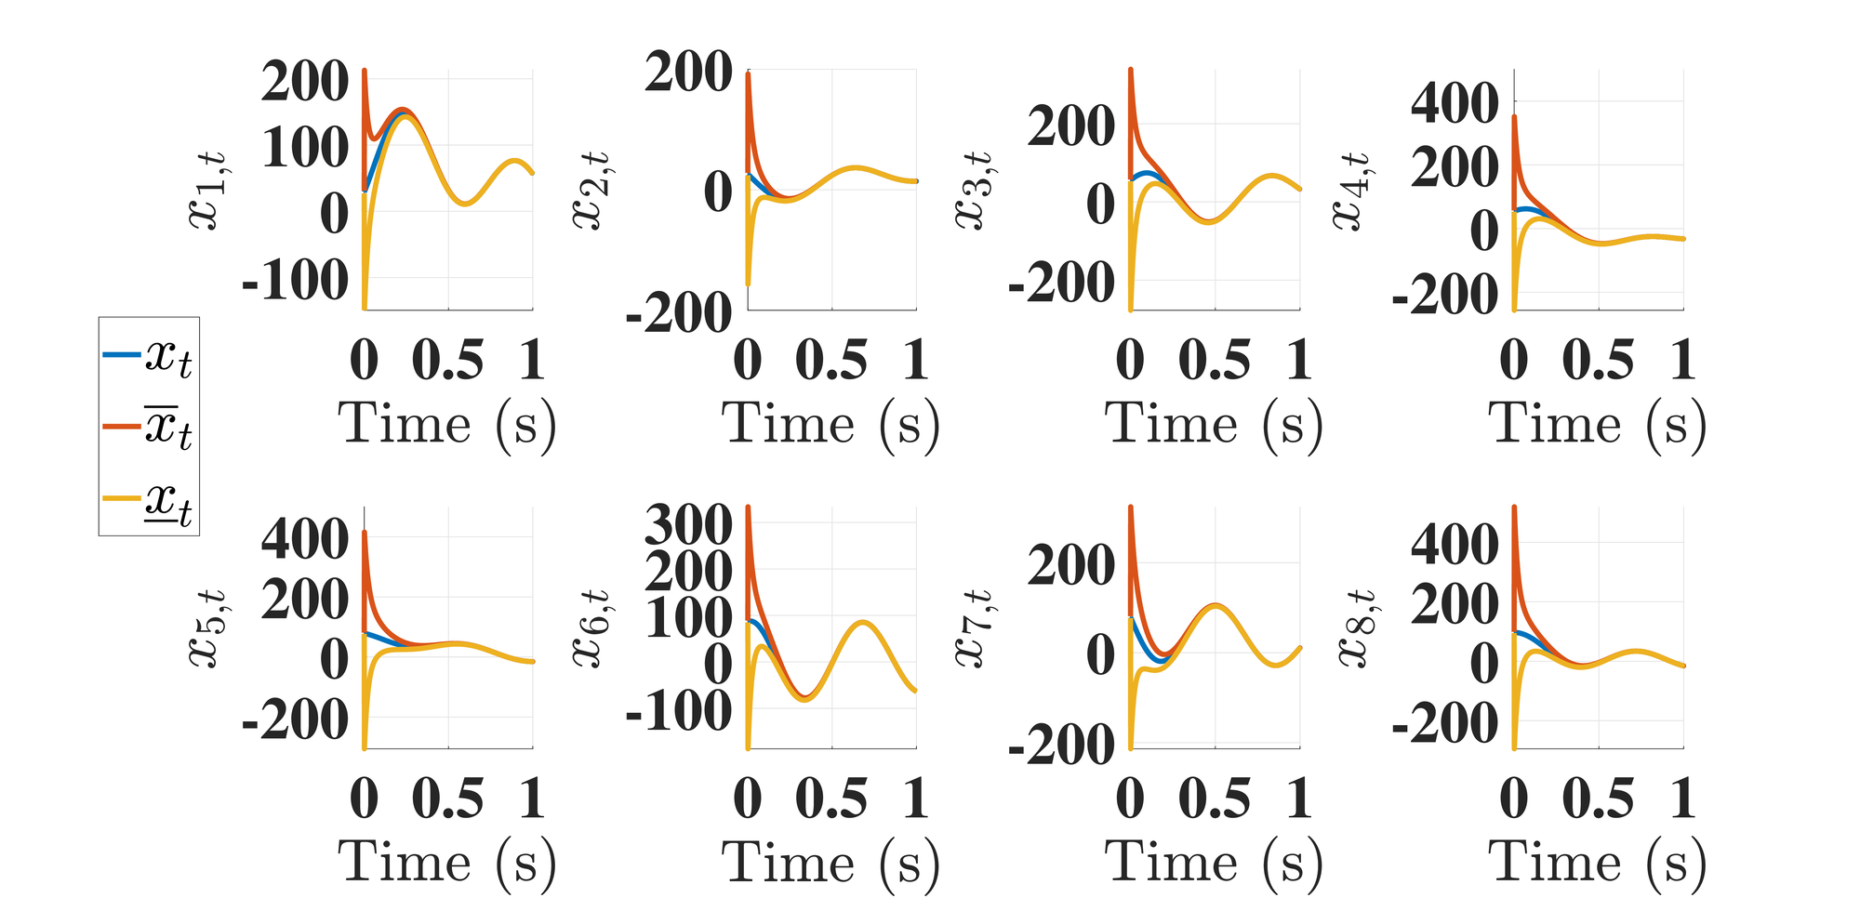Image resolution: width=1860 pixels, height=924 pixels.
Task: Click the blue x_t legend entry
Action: (x=149, y=355)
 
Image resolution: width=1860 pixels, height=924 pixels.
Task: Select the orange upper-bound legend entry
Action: (x=149, y=428)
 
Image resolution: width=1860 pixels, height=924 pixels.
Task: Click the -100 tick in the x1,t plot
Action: (x=296, y=279)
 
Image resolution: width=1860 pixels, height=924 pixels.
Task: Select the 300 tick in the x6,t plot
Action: (x=689, y=525)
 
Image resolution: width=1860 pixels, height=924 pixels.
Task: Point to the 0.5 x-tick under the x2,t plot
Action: (x=831, y=361)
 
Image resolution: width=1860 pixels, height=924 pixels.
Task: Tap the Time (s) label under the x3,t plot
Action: (x=1215, y=425)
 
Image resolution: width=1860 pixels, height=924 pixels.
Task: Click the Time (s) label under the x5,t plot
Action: (x=447, y=863)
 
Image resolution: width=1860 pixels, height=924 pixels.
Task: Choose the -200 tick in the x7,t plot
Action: (x=1062, y=745)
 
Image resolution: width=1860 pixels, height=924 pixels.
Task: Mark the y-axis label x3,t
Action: (x=973, y=191)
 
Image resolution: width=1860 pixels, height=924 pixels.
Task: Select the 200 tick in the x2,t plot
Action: (x=689, y=73)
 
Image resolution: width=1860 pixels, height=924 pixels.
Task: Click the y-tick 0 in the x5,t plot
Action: (x=334, y=660)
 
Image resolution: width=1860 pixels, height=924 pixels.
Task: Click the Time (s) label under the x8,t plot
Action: (x=1598, y=863)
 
